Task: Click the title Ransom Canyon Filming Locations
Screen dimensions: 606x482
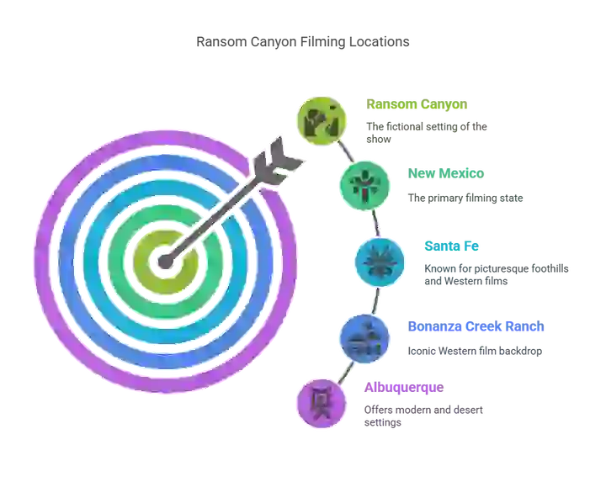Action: point(303,42)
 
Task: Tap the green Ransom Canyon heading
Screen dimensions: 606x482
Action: point(417,104)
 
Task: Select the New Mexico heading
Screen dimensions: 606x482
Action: point(445,173)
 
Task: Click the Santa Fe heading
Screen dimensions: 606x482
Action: point(451,246)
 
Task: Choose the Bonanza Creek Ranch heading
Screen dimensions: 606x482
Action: point(476,326)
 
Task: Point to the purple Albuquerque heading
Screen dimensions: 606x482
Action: point(404,388)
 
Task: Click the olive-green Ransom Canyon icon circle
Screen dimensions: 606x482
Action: point(322,121)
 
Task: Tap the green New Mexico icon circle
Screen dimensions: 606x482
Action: point(364,186)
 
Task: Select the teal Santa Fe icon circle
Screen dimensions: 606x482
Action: point(380,262)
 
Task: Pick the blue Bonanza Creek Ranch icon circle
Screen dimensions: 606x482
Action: point(364,339)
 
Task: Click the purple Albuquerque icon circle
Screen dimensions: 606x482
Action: point(322,404)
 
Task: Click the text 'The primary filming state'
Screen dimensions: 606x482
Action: point(465,199)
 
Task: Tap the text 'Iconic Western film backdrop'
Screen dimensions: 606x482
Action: point(475,351)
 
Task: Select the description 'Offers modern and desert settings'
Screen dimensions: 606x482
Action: point(423,416)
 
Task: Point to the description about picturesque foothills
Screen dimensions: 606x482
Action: point(497,274)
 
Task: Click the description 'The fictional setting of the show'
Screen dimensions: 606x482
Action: point(427,133)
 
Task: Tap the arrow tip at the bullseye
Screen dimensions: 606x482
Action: point(166,262)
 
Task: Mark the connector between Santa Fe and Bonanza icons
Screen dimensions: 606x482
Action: point(376,301)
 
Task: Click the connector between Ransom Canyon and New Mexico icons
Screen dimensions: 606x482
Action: point(346,151)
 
